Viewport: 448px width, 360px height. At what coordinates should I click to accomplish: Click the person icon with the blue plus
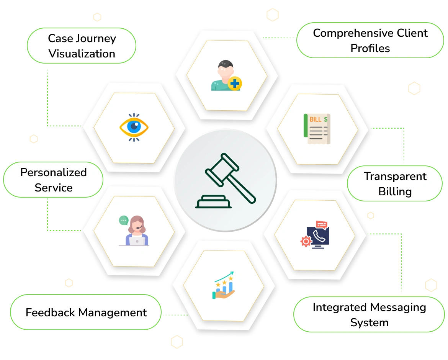(x=226, y=75)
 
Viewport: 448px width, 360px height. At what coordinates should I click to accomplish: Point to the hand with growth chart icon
(x=224, y=286)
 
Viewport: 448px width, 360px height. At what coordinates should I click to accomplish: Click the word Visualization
(x=82, y=54)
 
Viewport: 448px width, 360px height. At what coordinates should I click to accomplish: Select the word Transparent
(x=395, y=176)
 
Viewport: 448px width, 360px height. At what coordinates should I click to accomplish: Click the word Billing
(x=395, y=191)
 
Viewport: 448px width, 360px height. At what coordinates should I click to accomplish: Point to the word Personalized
(x=54, y=172)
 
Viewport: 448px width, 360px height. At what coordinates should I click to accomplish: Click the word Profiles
(x=370, y=48)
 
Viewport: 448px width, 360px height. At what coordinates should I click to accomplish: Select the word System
(x=369, y=322)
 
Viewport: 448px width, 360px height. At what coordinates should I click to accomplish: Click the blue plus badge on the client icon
(x=234, y=83)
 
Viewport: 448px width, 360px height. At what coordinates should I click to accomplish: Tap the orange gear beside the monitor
(x=306, y=241)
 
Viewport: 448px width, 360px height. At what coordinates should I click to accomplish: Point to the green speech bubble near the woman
(x=124, y=220)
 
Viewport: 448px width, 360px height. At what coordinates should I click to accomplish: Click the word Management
(x=112, y=313)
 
